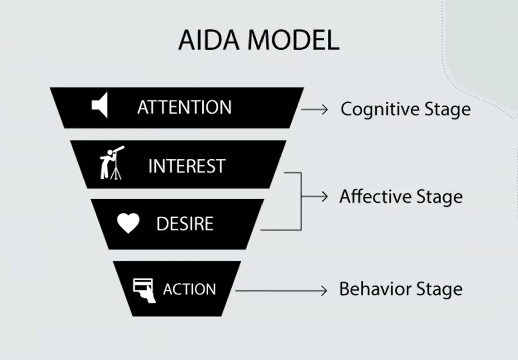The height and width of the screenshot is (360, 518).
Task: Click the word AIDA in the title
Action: tap(209, 40)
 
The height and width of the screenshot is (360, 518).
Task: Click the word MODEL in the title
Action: tap(293, 40)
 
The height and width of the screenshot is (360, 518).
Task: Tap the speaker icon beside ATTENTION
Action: tap(100, 105)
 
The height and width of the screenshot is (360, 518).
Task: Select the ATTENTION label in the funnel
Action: tap(184, 107)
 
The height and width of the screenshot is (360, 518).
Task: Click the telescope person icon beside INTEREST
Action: tap(112, 163)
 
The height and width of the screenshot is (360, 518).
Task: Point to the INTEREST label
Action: tap(187, 166)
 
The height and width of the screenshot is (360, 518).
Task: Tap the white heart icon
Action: tap(128, 223)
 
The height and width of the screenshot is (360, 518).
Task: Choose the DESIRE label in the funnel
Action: tap(185, 224)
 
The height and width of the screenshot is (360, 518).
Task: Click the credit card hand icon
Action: tap(144, 291)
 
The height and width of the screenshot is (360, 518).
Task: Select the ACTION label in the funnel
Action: tap(190, 289)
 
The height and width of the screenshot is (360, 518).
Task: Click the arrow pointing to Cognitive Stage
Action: tap(314, 109)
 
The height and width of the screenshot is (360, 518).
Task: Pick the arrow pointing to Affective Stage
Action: tap(315, 197)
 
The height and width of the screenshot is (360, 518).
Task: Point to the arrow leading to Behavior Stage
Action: tap(281, 291)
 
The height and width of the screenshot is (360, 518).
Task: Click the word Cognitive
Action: tap(380, 109)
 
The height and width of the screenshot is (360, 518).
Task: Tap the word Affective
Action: tap(375, 197)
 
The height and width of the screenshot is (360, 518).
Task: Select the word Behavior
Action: tap(375, 289)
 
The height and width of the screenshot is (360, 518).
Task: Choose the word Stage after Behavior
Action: tap(439, 290)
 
